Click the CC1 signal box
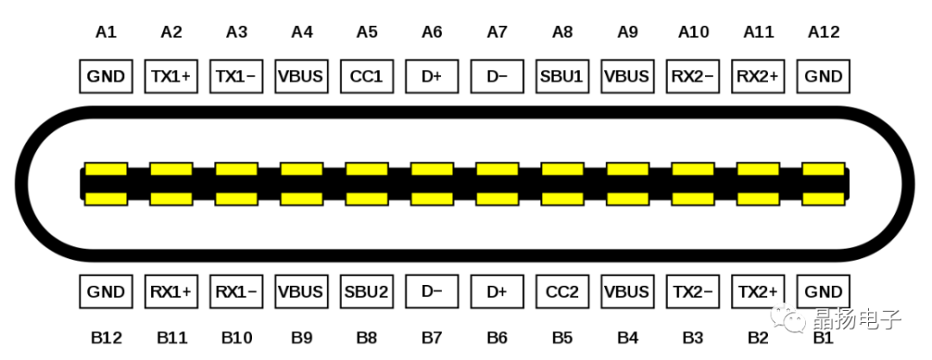click(x=367, y=76)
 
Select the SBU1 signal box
click(x=562, y=76)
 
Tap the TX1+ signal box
click(x=171, y=76)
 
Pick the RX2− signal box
click(x=692, y=76)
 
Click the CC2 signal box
click(x=562, y=291)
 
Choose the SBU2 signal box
click(x=367, y=291)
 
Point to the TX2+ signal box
click(x=758, y=291)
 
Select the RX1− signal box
click(x=236, y=291)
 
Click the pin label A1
click(x=106, y=32)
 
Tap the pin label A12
click(x=823, y=32)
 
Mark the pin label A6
click(x=431, y=32)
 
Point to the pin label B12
click(x=106, y=337)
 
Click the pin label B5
click(x=562, y=337)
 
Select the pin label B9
click(x=301, y=337)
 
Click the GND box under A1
click(x=106, y=76)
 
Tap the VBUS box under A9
click(x=627, y=76)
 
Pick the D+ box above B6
click(x=497, y=291)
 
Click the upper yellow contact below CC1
click(x=367, y=168)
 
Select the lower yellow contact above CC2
click(x=562, y=199)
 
